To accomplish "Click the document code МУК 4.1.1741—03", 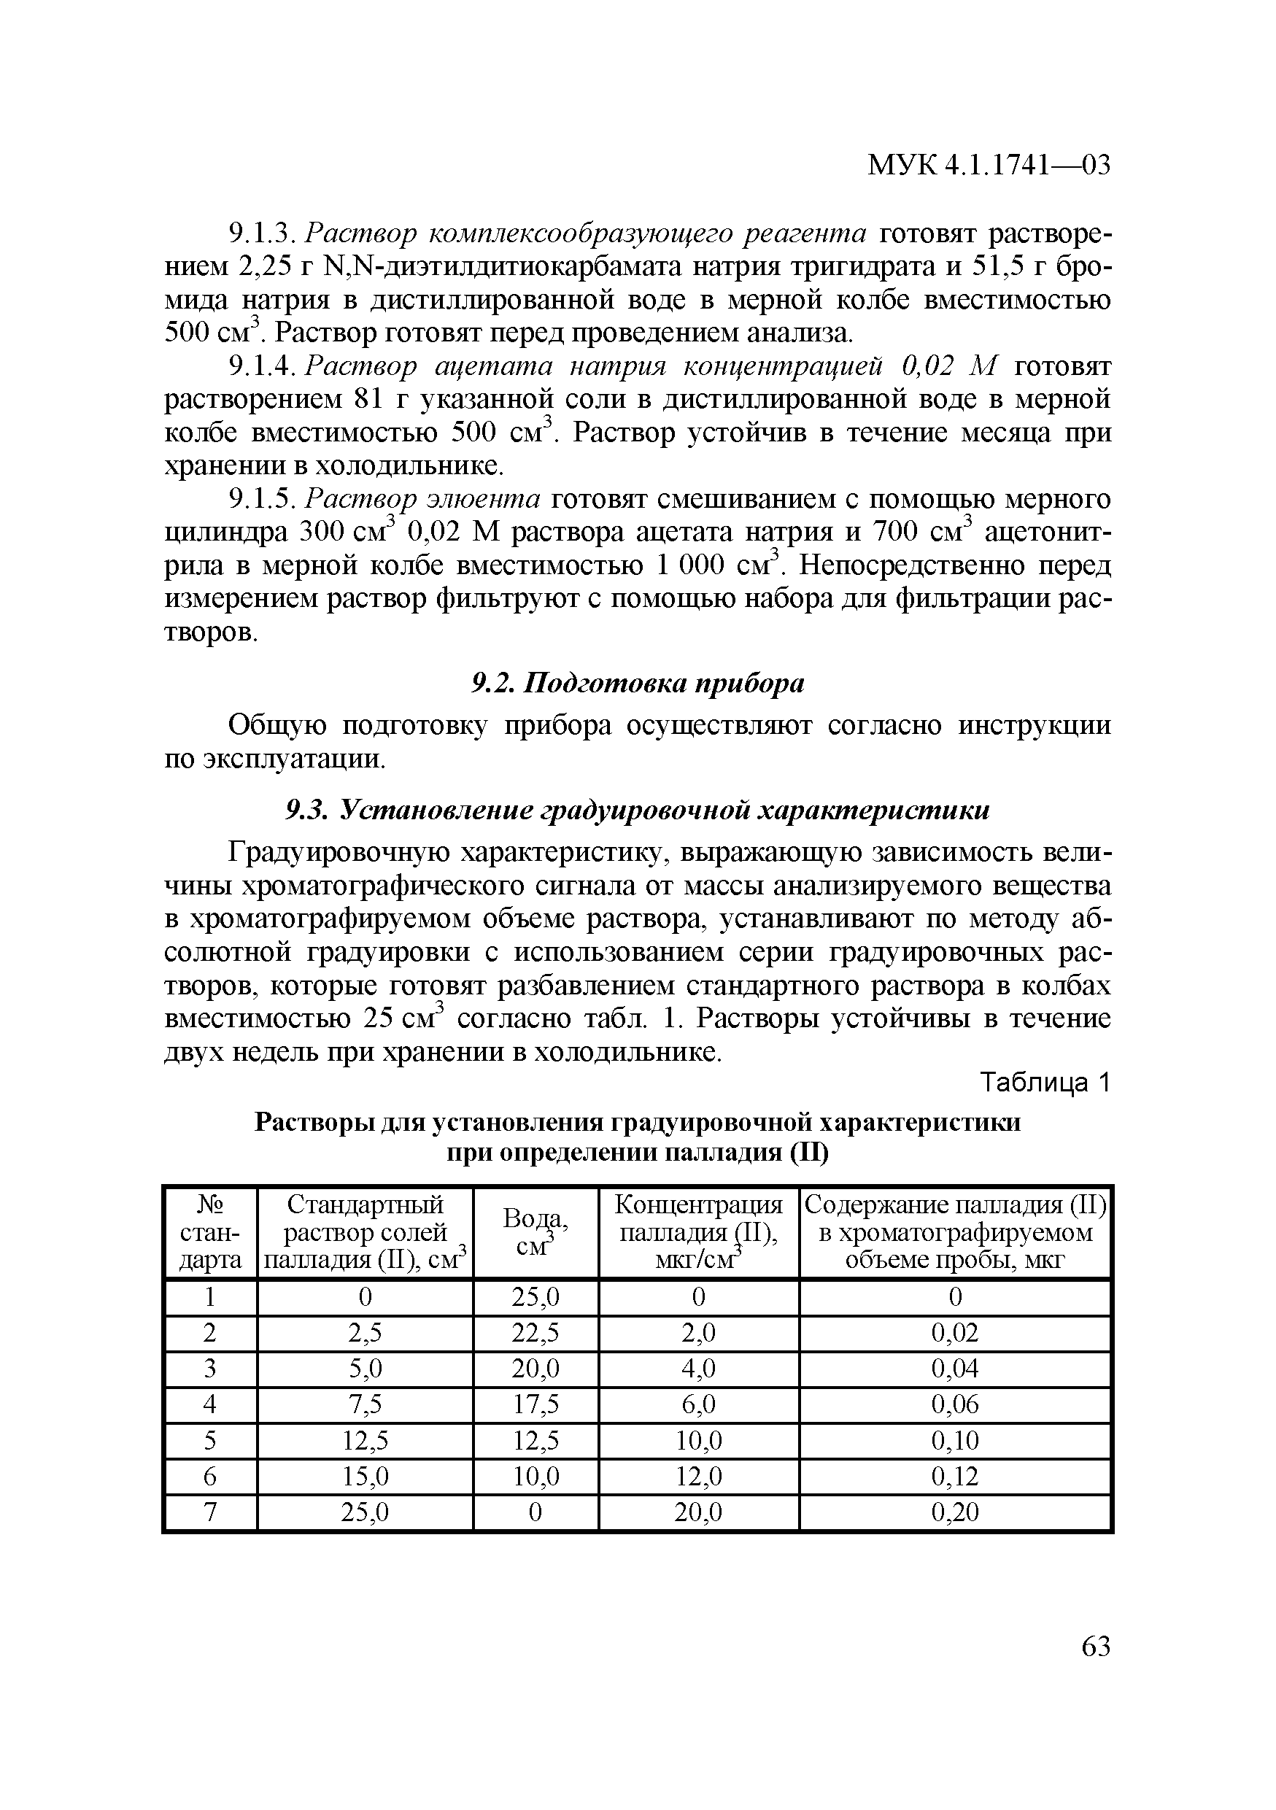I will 989,166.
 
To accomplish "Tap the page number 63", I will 1096,1647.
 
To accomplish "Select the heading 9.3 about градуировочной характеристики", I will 637,811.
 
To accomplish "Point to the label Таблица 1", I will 1044,1084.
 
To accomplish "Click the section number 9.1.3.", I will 260,234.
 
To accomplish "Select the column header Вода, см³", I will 535,1232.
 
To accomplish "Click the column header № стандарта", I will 210,1232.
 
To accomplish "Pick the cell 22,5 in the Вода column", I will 535,1333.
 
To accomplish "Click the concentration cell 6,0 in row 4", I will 698,1405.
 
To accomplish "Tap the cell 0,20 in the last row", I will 954,1512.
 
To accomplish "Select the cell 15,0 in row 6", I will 365,1476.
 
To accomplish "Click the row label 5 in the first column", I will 210,1441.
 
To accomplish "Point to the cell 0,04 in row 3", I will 954,1369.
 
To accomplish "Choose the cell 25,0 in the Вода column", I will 535,1298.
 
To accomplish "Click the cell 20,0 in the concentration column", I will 698,1512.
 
